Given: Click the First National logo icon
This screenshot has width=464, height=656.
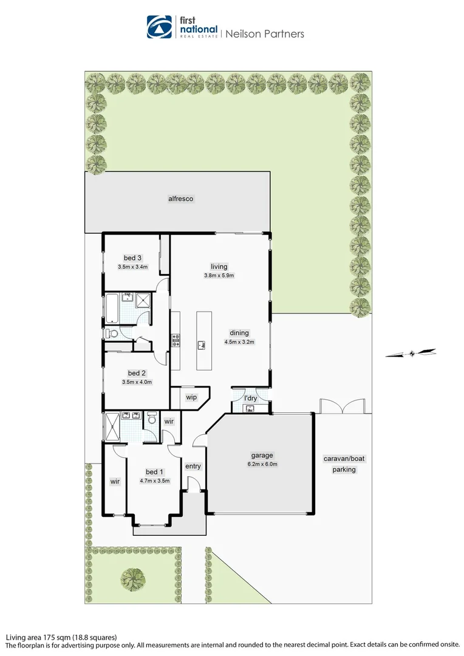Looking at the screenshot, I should tap(159, 27).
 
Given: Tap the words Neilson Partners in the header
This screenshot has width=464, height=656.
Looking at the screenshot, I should tap(265, 34).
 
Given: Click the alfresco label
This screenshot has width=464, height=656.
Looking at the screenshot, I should tap(180, 199).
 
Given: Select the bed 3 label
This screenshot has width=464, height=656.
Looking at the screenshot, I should tap(132, 258).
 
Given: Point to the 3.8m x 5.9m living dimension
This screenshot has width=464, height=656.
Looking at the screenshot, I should tap(219, 275).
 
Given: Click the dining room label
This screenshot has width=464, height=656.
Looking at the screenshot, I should tap(239, 333).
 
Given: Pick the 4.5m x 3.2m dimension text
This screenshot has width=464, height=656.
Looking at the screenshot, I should tap(239, 342).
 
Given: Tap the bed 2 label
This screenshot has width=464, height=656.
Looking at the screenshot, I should tap(137, 373).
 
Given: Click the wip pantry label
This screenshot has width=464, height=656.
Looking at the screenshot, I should tap(191, 398).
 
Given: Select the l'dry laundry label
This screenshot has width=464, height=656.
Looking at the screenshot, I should tap(250, 398).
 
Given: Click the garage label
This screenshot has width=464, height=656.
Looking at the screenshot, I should tap(262, 456).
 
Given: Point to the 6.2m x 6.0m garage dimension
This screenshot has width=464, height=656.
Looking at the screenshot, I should tap(262, 465).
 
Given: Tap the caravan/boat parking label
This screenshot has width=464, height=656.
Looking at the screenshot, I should tap(344, 464).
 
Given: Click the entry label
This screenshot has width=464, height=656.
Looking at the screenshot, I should tap(193, 466).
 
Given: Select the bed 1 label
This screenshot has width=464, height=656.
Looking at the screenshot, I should tap(154, 472).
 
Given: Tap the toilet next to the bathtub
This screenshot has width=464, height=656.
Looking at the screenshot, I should tap(112, 333).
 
